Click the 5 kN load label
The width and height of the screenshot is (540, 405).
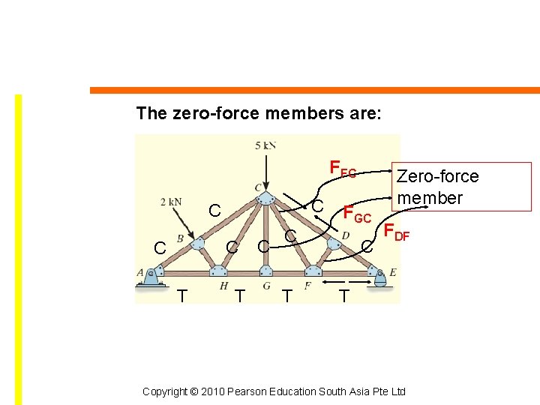[265, 145]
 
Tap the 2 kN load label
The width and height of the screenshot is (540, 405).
[171, 202]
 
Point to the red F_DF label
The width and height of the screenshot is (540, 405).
[396, 233]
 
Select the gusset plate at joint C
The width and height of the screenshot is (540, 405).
[265, 196]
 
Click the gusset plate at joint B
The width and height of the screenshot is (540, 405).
[196, 243]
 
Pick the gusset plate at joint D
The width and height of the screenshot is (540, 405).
[333, 243]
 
